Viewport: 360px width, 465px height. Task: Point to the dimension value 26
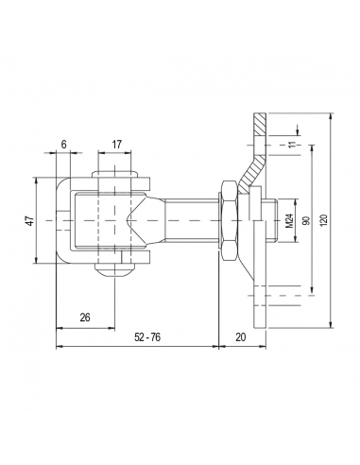(84, 318)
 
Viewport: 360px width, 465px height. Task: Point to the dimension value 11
(292, 143)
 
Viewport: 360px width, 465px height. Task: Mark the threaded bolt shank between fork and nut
(184, 220)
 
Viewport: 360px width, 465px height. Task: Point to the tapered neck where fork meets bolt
(138, 220)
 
